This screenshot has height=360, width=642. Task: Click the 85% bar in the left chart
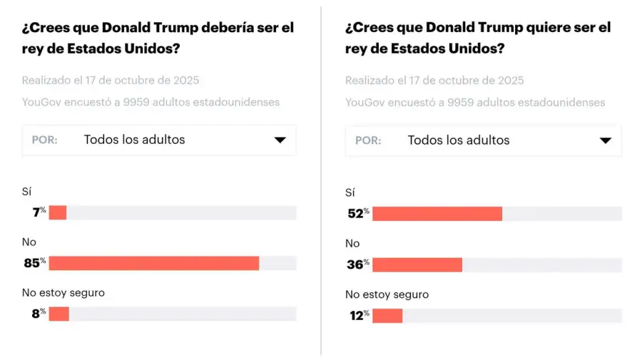click(x=153, y=263)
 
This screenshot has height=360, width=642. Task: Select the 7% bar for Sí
click(x=57, y=212)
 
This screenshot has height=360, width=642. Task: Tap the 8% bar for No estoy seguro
click(x=58, y=314)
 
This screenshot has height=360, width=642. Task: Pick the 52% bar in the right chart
click(x=437, y=214)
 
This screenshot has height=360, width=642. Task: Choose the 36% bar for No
click(x=417, y=264)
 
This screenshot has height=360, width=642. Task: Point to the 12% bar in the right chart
click(x=387, y=315)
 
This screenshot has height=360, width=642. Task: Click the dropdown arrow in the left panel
click(x=280, y=140)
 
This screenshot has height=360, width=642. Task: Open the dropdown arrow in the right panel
click(x=605, y=140)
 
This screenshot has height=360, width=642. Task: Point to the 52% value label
click(x=357, y=214)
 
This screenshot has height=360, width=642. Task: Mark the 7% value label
click(x=39, y=212)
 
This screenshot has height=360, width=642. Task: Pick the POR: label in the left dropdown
click(x=44, y=140)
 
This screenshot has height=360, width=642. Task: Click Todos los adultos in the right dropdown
click(x=458, y=140)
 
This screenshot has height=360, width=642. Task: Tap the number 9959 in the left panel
click(x=138, y=102)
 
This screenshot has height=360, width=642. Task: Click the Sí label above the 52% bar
click(x=350, y=192)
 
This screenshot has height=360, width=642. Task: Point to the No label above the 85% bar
click(x=29, y=242)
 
